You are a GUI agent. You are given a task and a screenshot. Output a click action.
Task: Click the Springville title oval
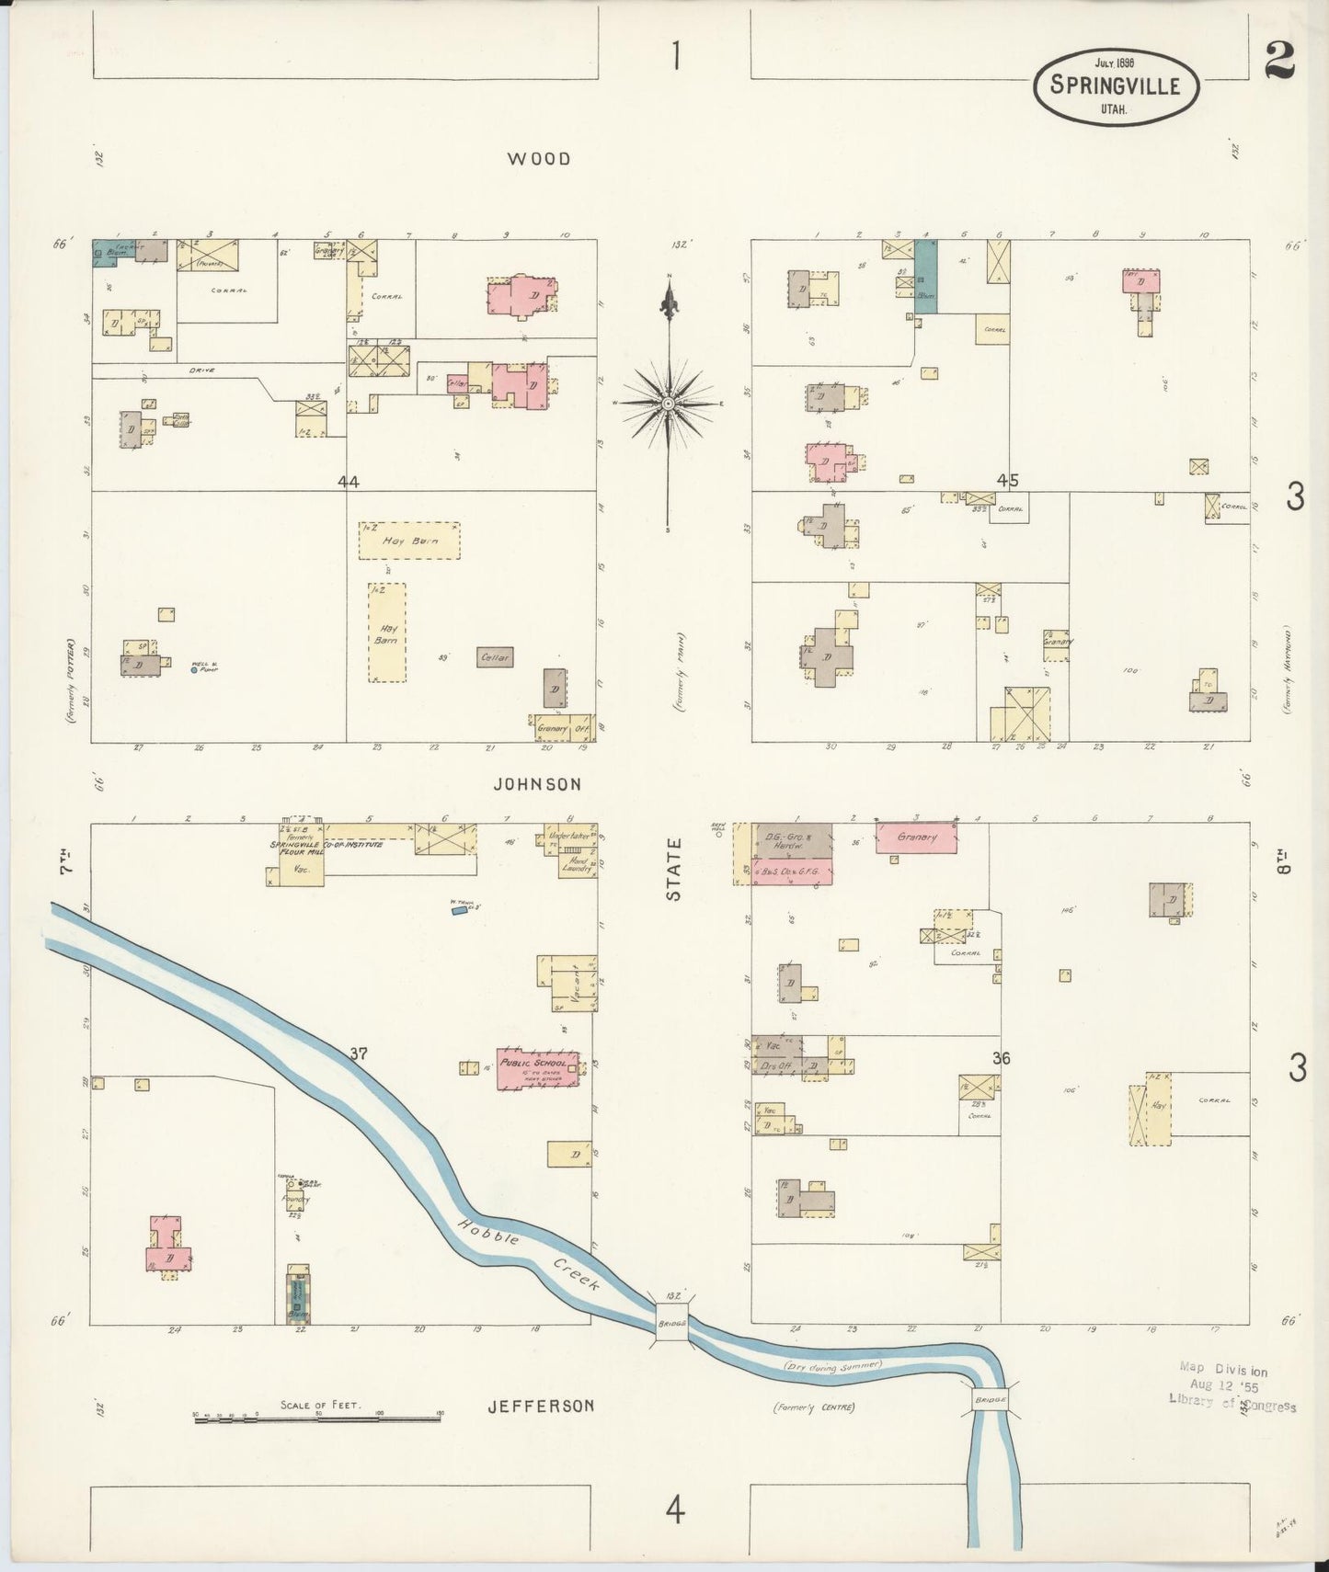(1116, 86)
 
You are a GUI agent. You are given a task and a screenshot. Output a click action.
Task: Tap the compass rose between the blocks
(669, 404)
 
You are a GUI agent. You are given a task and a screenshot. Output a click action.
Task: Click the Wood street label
(539, 159)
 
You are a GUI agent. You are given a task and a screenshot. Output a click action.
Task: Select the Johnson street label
(537, 784)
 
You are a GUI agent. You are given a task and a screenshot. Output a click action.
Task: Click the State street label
(675, 869)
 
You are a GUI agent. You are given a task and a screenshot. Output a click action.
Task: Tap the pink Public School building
(538, 1069)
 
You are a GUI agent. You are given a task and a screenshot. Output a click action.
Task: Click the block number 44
(348, 482)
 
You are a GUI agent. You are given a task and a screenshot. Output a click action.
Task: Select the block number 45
(1007, 480)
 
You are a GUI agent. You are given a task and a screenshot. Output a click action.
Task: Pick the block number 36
(1002, 1059)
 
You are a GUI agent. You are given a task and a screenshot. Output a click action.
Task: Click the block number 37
(358, 1054)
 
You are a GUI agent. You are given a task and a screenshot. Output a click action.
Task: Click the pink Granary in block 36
(916, 837)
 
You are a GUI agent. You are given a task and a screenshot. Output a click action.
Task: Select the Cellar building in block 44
(495, 656)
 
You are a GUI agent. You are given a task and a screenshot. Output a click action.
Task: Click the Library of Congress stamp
(1231, 1388)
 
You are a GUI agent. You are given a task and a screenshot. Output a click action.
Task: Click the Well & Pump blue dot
(193, 670)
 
